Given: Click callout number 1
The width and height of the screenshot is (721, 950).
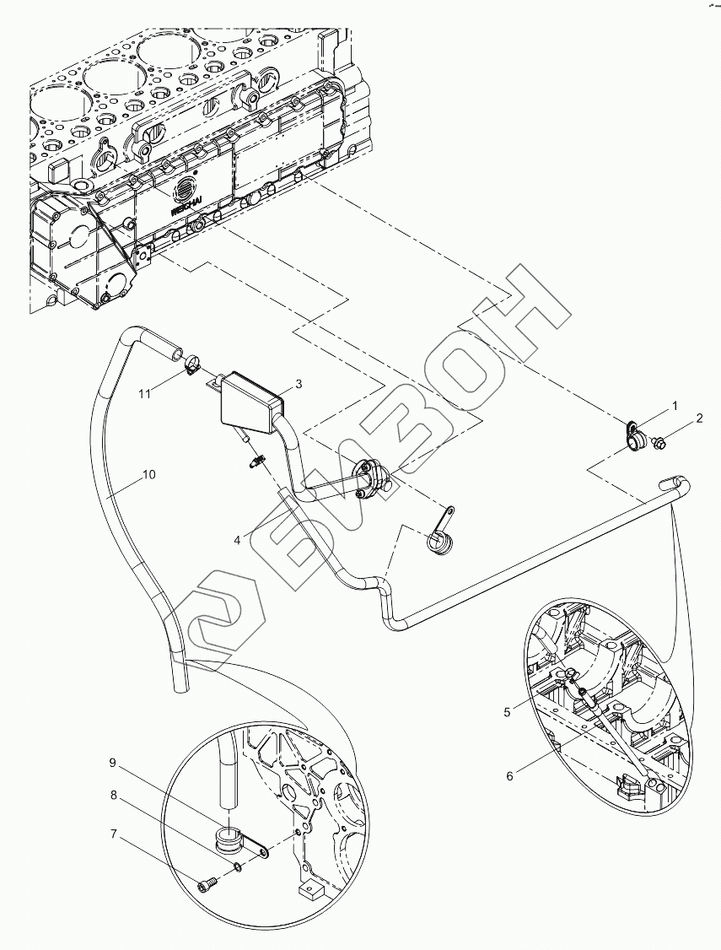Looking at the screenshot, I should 675,406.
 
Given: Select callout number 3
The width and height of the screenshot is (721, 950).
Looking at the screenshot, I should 298,384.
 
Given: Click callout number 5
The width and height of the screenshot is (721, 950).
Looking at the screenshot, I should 507,712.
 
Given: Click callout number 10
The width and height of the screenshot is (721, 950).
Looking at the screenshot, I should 148,474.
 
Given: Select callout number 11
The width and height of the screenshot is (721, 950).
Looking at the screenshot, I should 144,394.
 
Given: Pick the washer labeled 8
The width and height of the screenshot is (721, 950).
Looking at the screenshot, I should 238,867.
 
